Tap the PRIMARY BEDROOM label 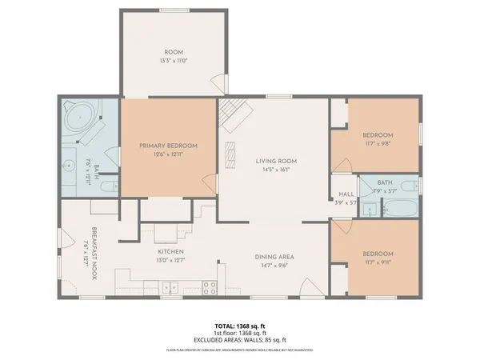point(168,145)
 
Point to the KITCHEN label point(170,250)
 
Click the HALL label point(346,194)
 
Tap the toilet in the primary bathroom point(110,189)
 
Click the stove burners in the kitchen point(210,286)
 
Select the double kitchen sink point(168,286)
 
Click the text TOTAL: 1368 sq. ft point(239,326)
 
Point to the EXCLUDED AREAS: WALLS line point(239,341)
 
